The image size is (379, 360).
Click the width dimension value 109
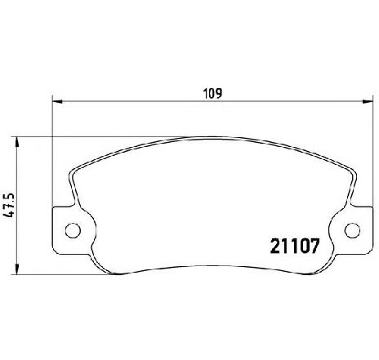[x=213, y=93]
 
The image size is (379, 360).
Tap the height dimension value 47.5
[x=8, y=206]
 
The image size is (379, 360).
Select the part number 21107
[x=294, y=246]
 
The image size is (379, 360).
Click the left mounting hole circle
[x=73, y=230]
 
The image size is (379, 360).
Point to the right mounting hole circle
[x=352, y=230]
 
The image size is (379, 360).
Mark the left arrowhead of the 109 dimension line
[x=57, y=101]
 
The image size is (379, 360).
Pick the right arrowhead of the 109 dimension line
[x=367, y=101]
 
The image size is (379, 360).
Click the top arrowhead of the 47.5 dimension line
[x=17, y=142]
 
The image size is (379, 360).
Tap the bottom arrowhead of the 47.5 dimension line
[x=17, y=269]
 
